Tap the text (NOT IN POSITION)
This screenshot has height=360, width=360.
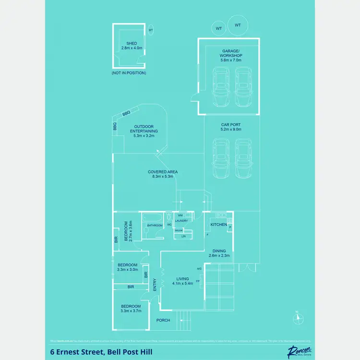pyautogui.click(x=129, y=73)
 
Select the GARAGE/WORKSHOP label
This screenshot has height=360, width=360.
pyautogui.click(x=232, y=53)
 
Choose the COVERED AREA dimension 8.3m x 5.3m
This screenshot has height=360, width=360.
pyautogui.click(x=163, y=177)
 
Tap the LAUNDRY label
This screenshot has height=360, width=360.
pyautogui.click(x=181, y=220)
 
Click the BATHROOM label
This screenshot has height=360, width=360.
pyautogui.click(x=155, y=225)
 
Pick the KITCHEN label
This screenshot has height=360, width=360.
pyautogui.click(x=219, y=225)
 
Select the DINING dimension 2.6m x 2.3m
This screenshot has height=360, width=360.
pyautogui.click(x=219, y=256)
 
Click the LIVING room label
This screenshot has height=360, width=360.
pyautogui.click(x=182, y=278)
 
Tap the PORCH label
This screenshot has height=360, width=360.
pyautogui.click(x=163, y=320)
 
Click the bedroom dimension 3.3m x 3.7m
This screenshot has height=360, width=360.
pyautogui.click(x=131, y=311)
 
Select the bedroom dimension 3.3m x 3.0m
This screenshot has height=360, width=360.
pyautogui.click(x=128, y=269)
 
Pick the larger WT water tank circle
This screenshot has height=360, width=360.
pyautogui.click(x=237, y=25)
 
